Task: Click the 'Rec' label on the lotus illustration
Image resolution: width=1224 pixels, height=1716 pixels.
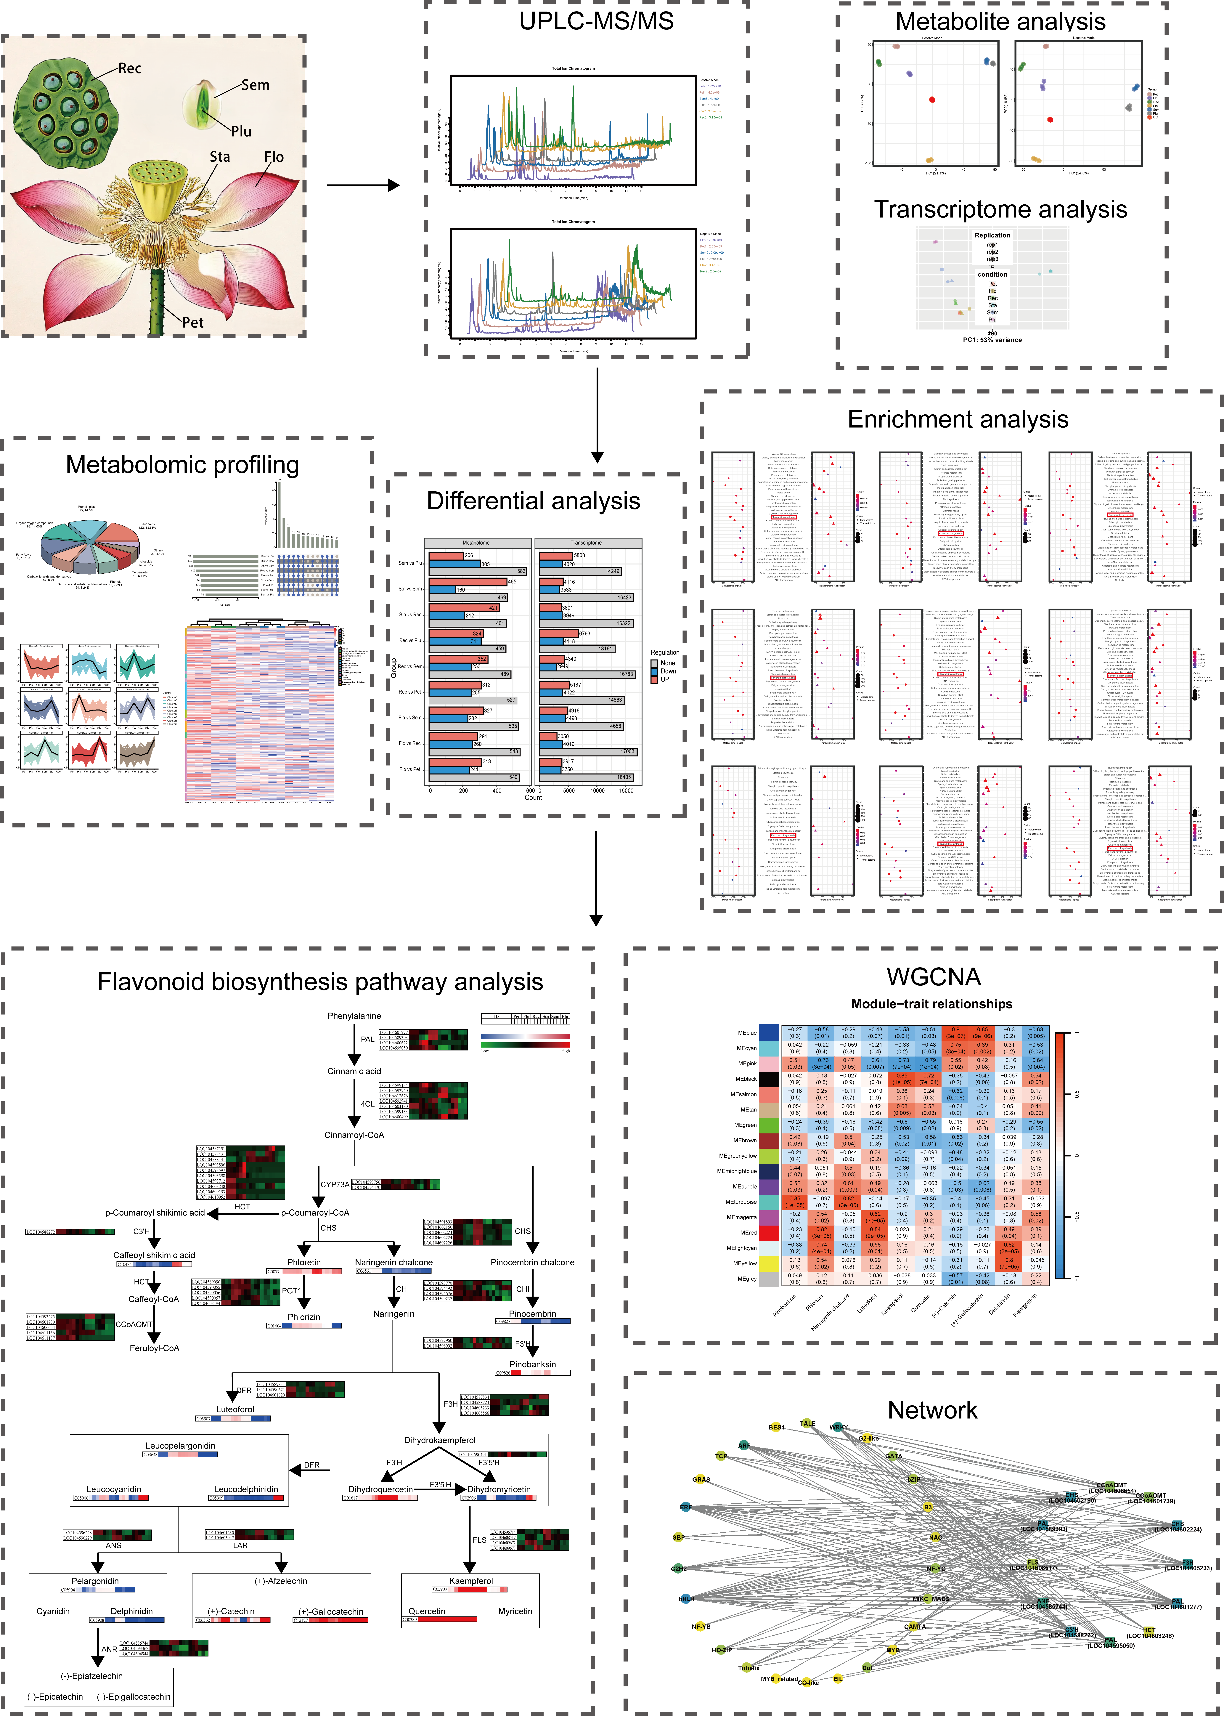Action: pos(130,69)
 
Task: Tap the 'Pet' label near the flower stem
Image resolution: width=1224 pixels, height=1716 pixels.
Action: pos(193,323)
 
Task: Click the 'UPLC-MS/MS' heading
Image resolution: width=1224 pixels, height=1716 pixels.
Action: pos(596,21)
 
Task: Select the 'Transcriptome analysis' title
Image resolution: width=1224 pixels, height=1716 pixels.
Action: pos(1000,209)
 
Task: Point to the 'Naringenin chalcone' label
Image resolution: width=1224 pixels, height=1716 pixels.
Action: pos(393,1262)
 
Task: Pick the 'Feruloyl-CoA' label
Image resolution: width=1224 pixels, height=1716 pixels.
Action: pos(155,1348)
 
